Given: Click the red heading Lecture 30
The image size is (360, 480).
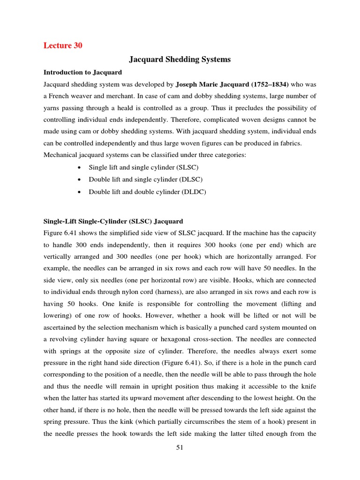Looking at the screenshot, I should pyautogui.click(x=63, y=45).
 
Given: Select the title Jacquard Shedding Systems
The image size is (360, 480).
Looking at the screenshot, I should pyautogui.click(x=180, y=60).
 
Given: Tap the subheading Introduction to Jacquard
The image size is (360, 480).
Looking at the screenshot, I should pyautogui.click(x=82, y=72).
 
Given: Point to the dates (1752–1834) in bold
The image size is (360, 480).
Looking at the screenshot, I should pyautogui.click(x=265, y=84).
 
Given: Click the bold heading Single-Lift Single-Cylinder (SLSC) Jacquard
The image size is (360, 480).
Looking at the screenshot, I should pyautogui.click(x=113, y=221).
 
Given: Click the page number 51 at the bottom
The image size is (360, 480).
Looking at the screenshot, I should pyautogui.click(x=180, y=448).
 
